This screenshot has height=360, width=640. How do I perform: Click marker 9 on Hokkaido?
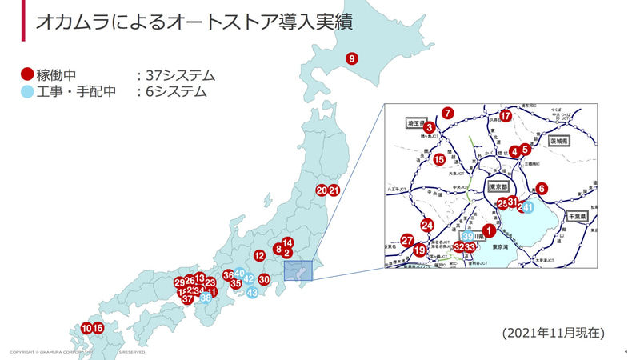tap(351, 58)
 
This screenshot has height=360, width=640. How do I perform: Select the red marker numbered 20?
tap(322, 190)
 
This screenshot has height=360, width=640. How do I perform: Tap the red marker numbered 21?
tap(334, 190)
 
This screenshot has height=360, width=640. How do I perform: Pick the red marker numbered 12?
tap(259, 256)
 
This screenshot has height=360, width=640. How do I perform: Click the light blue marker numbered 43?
tap(253, 293)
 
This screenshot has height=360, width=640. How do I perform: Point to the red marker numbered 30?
tap(264, 280)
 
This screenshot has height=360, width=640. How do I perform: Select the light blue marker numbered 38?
tap(206, 298)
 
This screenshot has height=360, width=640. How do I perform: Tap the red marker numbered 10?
tap(86, 328)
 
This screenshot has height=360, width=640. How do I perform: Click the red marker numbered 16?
tap(98, 328)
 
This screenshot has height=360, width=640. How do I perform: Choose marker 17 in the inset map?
tap(506, 116)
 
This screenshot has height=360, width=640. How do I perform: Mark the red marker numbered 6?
tap(542, 189)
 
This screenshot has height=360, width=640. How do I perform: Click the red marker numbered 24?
tap(427, 226)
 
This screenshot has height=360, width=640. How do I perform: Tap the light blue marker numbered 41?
tap(527, 208)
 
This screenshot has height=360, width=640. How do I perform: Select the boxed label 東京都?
tap(498, 186)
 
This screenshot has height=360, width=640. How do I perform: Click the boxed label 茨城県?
tap(558, 141)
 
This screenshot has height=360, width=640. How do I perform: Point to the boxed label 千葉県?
tap(577, 217)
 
